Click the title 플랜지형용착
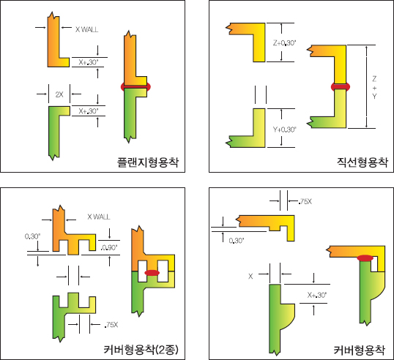pos(148,162)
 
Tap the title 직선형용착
pos(362,162)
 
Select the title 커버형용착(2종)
pos(141,350)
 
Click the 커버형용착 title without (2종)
pos(359,350)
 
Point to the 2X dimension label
pos(59,94)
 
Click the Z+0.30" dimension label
pos(284,43)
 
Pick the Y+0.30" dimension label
pos(284,130)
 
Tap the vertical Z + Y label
pos(374,88)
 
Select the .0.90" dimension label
pos(109,247)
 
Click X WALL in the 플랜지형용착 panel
pos(86,29)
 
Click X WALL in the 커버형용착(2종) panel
pos(98,217)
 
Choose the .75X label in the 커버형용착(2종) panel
pos(111,325)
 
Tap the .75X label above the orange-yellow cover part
pos(305,201)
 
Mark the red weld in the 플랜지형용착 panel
pos(135,86)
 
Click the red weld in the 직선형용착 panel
pos(341,87)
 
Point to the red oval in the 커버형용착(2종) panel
pos(152,273)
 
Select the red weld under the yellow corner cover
pos(365,258)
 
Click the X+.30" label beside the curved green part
pos(317,295)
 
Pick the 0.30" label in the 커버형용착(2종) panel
pos(32,236)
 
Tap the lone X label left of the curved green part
pos(250,277)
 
